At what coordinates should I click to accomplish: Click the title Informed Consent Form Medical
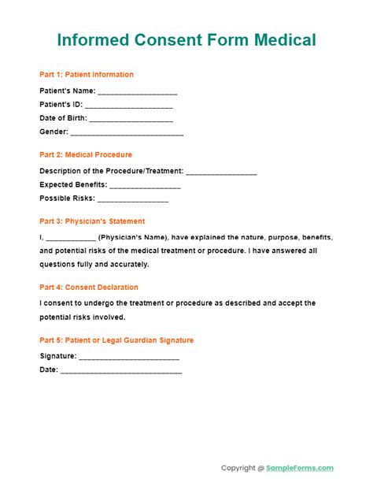coord(186,39)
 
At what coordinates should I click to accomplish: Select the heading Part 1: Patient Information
coord(87,75)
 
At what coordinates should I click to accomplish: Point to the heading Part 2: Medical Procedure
coord(86,154)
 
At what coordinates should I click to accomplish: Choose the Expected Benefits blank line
coord(145,186)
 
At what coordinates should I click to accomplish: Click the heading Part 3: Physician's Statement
coord(92,221)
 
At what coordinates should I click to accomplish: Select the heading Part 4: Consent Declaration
coord(89,288)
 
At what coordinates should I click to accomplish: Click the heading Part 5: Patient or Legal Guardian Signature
coord(116,340)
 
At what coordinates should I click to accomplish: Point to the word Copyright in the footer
coord(238,446)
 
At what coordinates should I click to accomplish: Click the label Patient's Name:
coord(68,91)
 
